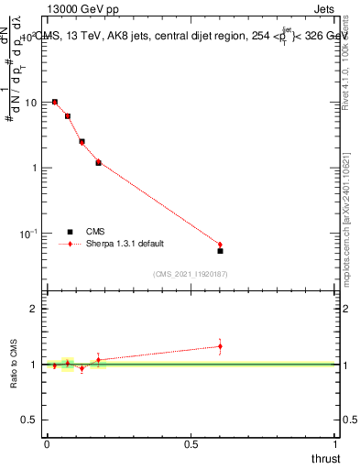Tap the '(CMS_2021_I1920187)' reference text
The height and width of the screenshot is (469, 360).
(x=191, y=273)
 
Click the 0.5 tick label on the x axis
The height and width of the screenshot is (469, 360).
(x=191, y=444)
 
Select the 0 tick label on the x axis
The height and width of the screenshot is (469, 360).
(x=47, y=444)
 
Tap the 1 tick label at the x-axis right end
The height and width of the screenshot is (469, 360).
(x=335, y=444)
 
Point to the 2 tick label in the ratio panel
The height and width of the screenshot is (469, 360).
(x=35, y=309)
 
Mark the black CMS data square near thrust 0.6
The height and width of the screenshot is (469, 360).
(x=220, y=250)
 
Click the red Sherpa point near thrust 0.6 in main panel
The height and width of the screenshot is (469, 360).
(x=220, y=245)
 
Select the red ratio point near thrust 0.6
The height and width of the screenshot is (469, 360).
(x=220, y=345)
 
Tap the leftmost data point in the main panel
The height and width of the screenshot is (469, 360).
(x=55, y=102)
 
